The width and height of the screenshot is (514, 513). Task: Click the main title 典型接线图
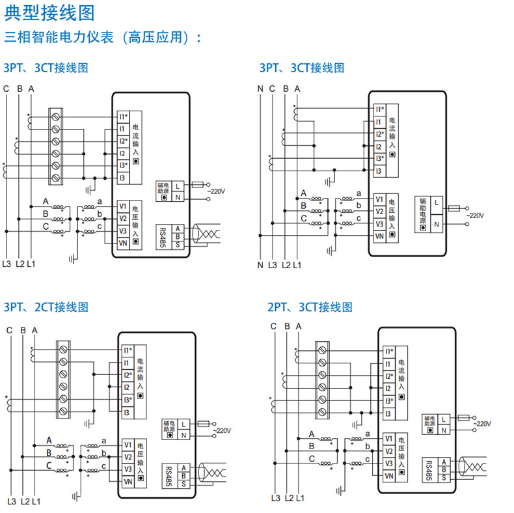click(x=49, y=12)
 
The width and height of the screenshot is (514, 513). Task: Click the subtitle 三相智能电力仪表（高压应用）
click(x=104, y=36)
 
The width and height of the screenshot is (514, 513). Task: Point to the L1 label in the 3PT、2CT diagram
click(x=36, y=501)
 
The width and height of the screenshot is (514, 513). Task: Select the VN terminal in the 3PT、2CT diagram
click(x=128, y=481)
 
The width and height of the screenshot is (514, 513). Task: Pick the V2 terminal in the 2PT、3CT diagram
click(x=388, y=451)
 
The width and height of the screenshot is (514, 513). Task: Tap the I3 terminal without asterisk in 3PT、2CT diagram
click(x=126, y=412)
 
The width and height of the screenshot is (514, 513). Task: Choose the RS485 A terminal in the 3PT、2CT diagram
click(x=184, y=467)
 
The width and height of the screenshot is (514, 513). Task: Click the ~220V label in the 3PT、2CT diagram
click(x=220, y=431)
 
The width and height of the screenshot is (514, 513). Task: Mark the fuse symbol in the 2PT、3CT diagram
click(x=464, y=418)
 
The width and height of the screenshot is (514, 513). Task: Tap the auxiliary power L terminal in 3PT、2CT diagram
click(x=184, y=424)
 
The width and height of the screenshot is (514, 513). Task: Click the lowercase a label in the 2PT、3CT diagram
click(x=369, y=434)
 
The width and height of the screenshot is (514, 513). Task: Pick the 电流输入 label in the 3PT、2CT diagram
click(x=141, y=377)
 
